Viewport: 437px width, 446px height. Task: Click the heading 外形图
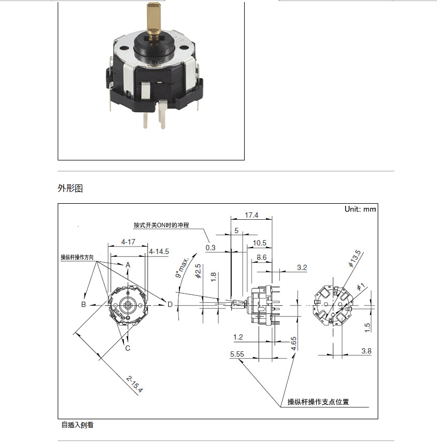70,188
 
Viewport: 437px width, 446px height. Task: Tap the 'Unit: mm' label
360,209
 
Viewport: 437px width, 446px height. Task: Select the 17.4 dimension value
251,215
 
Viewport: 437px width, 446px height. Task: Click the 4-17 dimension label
128,242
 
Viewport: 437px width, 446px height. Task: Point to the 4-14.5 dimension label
159,251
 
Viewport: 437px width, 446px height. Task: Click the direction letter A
128,265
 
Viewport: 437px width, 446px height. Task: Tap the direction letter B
83,304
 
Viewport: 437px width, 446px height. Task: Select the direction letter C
128,348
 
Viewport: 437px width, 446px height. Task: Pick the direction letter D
170,304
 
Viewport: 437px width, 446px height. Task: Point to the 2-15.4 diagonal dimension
135,385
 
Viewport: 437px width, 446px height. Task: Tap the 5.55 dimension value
237,354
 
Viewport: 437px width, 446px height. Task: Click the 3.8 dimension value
366,351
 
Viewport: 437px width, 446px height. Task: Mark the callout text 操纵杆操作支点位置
318,402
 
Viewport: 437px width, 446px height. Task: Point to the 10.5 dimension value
260,243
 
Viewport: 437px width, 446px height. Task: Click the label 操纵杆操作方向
77,257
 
